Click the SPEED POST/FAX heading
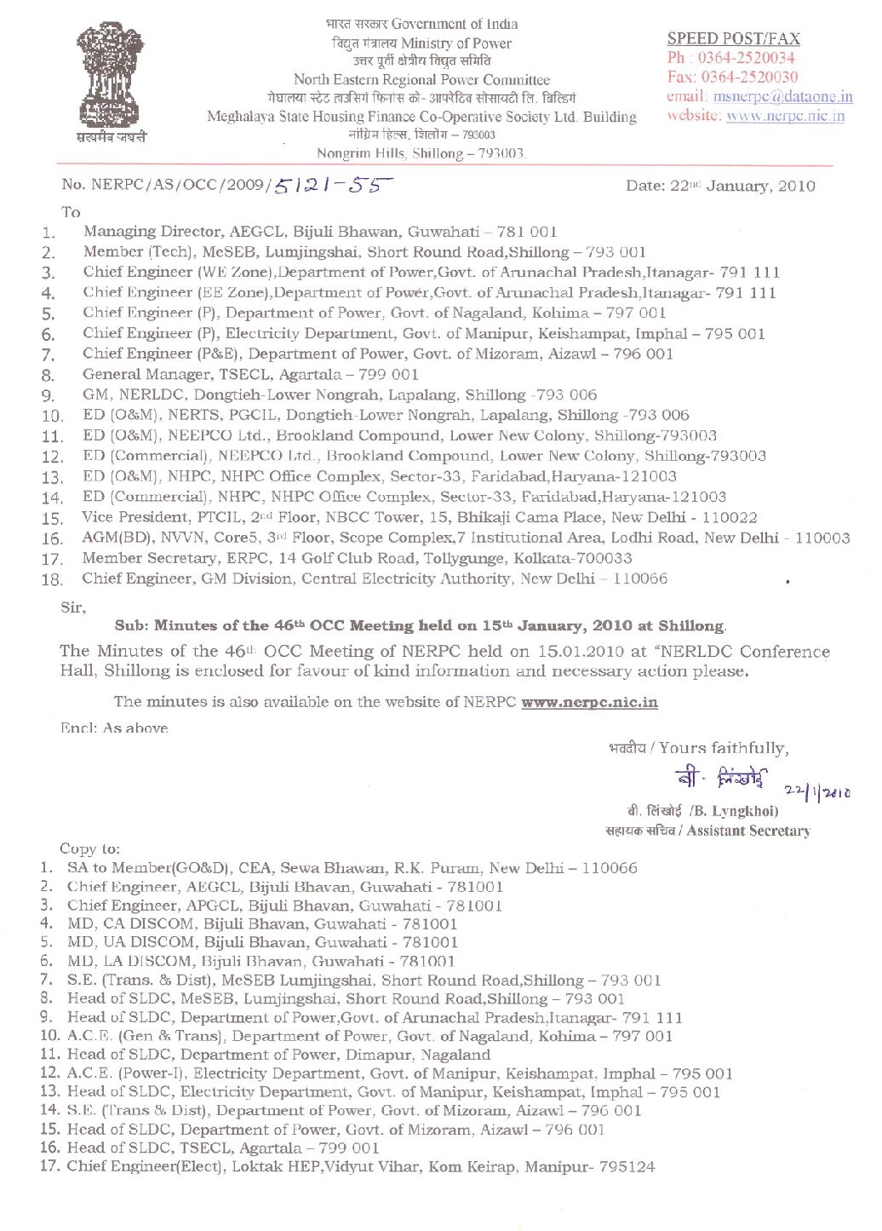pos(733,38)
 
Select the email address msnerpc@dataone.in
pos(782,97)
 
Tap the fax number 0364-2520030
pos(749,78)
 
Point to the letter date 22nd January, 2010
pos(720,186)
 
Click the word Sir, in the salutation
pos(73,607)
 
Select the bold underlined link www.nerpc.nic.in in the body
pos(589,702)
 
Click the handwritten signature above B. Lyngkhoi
pos(722,778)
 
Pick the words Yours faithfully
pos(724,748)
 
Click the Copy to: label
pos(89,848)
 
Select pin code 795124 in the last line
pos(627,1166)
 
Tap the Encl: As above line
pos(114,728)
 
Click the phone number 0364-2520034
pos(746,58)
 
